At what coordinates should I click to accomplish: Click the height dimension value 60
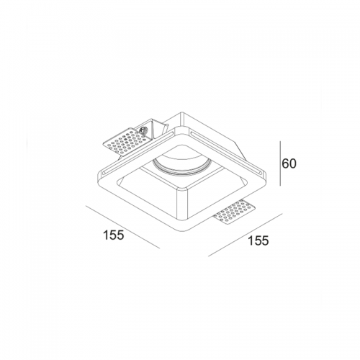[289, 164]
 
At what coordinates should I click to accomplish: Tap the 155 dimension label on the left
[114, 235]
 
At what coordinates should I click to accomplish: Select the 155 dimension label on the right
[258, 240]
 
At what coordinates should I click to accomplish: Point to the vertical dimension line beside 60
[280, 163]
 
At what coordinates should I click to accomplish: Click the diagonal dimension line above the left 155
[123, 227]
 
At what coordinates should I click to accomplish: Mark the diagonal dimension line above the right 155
[245, 235]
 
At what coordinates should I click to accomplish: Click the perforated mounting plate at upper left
[125, 141]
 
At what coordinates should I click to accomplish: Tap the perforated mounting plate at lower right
[235, 212]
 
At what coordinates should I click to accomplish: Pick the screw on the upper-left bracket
[143, 131]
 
